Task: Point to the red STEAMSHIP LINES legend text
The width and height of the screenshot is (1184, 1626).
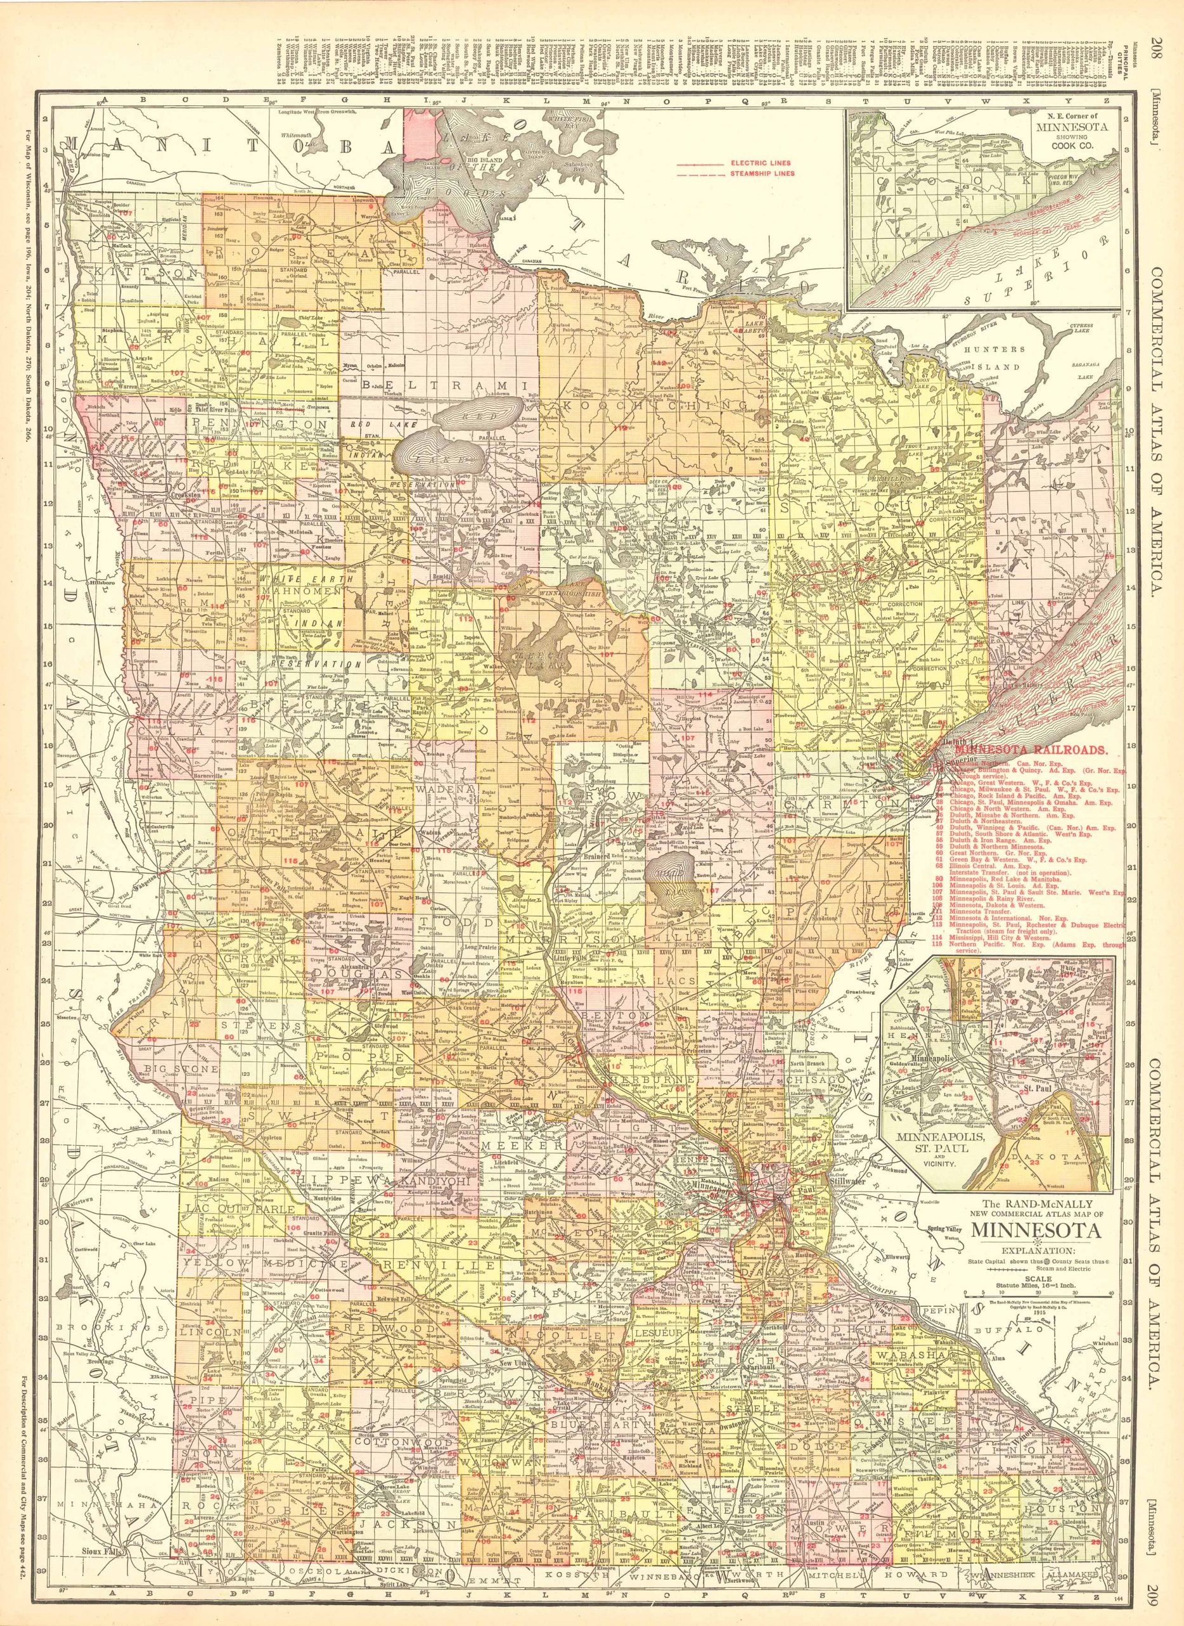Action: pyautogui.click(x=750, y=173)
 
